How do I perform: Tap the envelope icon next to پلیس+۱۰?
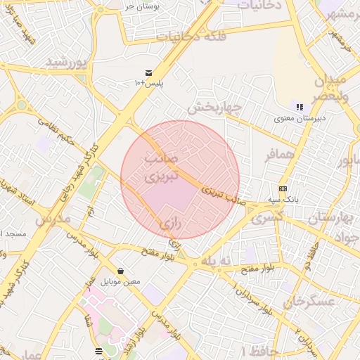(149, 72)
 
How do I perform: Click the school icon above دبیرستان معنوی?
(300, 107)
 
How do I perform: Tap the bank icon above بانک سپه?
(283, 188)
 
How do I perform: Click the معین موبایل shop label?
(122, 281)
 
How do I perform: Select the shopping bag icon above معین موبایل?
(122, 271)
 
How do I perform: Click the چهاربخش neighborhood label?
(214, 108)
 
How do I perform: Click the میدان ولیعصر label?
(341, 87)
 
